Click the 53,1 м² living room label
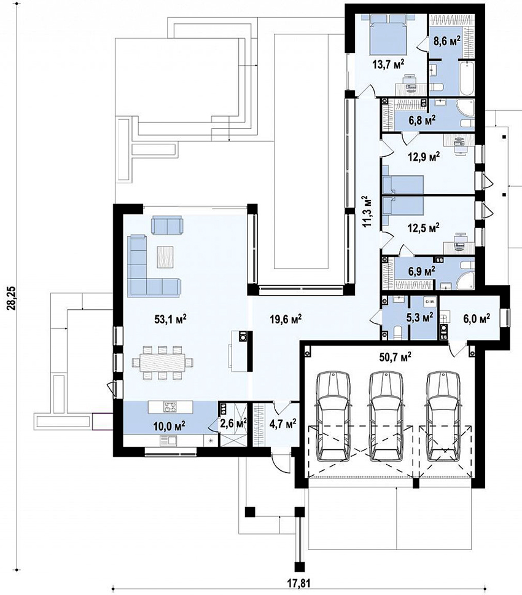pyautogui.click(x=170, y=319)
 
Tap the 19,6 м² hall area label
pyautogui.click(x=286, y=319)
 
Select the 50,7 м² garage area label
pyautogui.click(x=395, y=357)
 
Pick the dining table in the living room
pyautogui.click(x=162, y=363)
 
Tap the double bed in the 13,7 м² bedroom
pyautogui.click(x=388, y=34)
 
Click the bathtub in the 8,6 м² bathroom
pyautogui.click(x=467, y=78)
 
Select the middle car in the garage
pyautogui.click(x=387, y=416)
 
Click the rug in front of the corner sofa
pyautogui.click(x=165, y=257)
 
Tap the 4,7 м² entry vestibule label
pyautogui.click(x=282, y=422)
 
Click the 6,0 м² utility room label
pyautogui.click(x=477, y=317)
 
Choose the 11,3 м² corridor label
pyautogui.click(x=366, y=211)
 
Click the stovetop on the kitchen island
pyautogui.click(x=170, y=407)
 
